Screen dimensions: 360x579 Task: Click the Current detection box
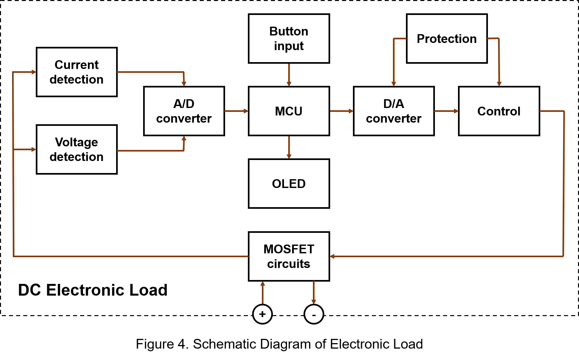click(x=77, y=72)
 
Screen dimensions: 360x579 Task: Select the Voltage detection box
click(x=77, y=149)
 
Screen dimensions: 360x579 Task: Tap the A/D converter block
click(x=184, y=111)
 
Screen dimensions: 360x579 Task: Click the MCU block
click(x=289, y=111)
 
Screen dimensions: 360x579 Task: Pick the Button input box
click(x=289, y=38)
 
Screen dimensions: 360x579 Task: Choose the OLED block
click(x=289, y=183)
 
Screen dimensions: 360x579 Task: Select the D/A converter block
click(x=394, y=111)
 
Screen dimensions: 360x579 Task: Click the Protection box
click(x=447, y=38)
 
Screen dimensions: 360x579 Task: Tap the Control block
click(x=499, y=111)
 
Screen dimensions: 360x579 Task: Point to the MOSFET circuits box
click(x=289, y=256)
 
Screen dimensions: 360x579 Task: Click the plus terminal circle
click(x=263, y=314)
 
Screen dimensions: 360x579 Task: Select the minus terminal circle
click(x=314, y=314)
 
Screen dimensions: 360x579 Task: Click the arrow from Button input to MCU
click(x=289, y=75)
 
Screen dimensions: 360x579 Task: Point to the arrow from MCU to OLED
click(x=289, y=147)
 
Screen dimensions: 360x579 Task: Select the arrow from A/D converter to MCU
click(x=236, y=111)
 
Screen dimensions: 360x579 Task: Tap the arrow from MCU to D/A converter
click(x=342, y=111)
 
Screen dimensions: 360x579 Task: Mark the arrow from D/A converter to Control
click(x=446, y=111)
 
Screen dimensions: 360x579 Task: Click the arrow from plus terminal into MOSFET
click(x=263, y=292)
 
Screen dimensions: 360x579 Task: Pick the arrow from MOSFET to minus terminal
click(x=314, y=292)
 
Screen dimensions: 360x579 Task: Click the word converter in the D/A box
click(x=394, y=119)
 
